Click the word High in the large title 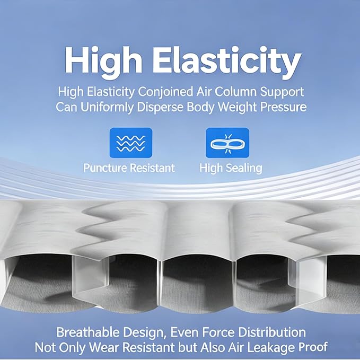(x=103, y=62)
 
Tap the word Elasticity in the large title (x=227, y=60)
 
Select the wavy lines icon (x=131, y=143)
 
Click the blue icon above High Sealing (x=227, y=143)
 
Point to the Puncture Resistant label (x=129, y=168)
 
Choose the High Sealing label (x=231, y=168)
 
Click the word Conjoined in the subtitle (x=165, y=92)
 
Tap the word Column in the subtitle (x=235, y=92)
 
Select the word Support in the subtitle (x=282, y=92)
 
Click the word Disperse (x=160, y=107)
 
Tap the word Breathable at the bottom (x=88, y=332)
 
